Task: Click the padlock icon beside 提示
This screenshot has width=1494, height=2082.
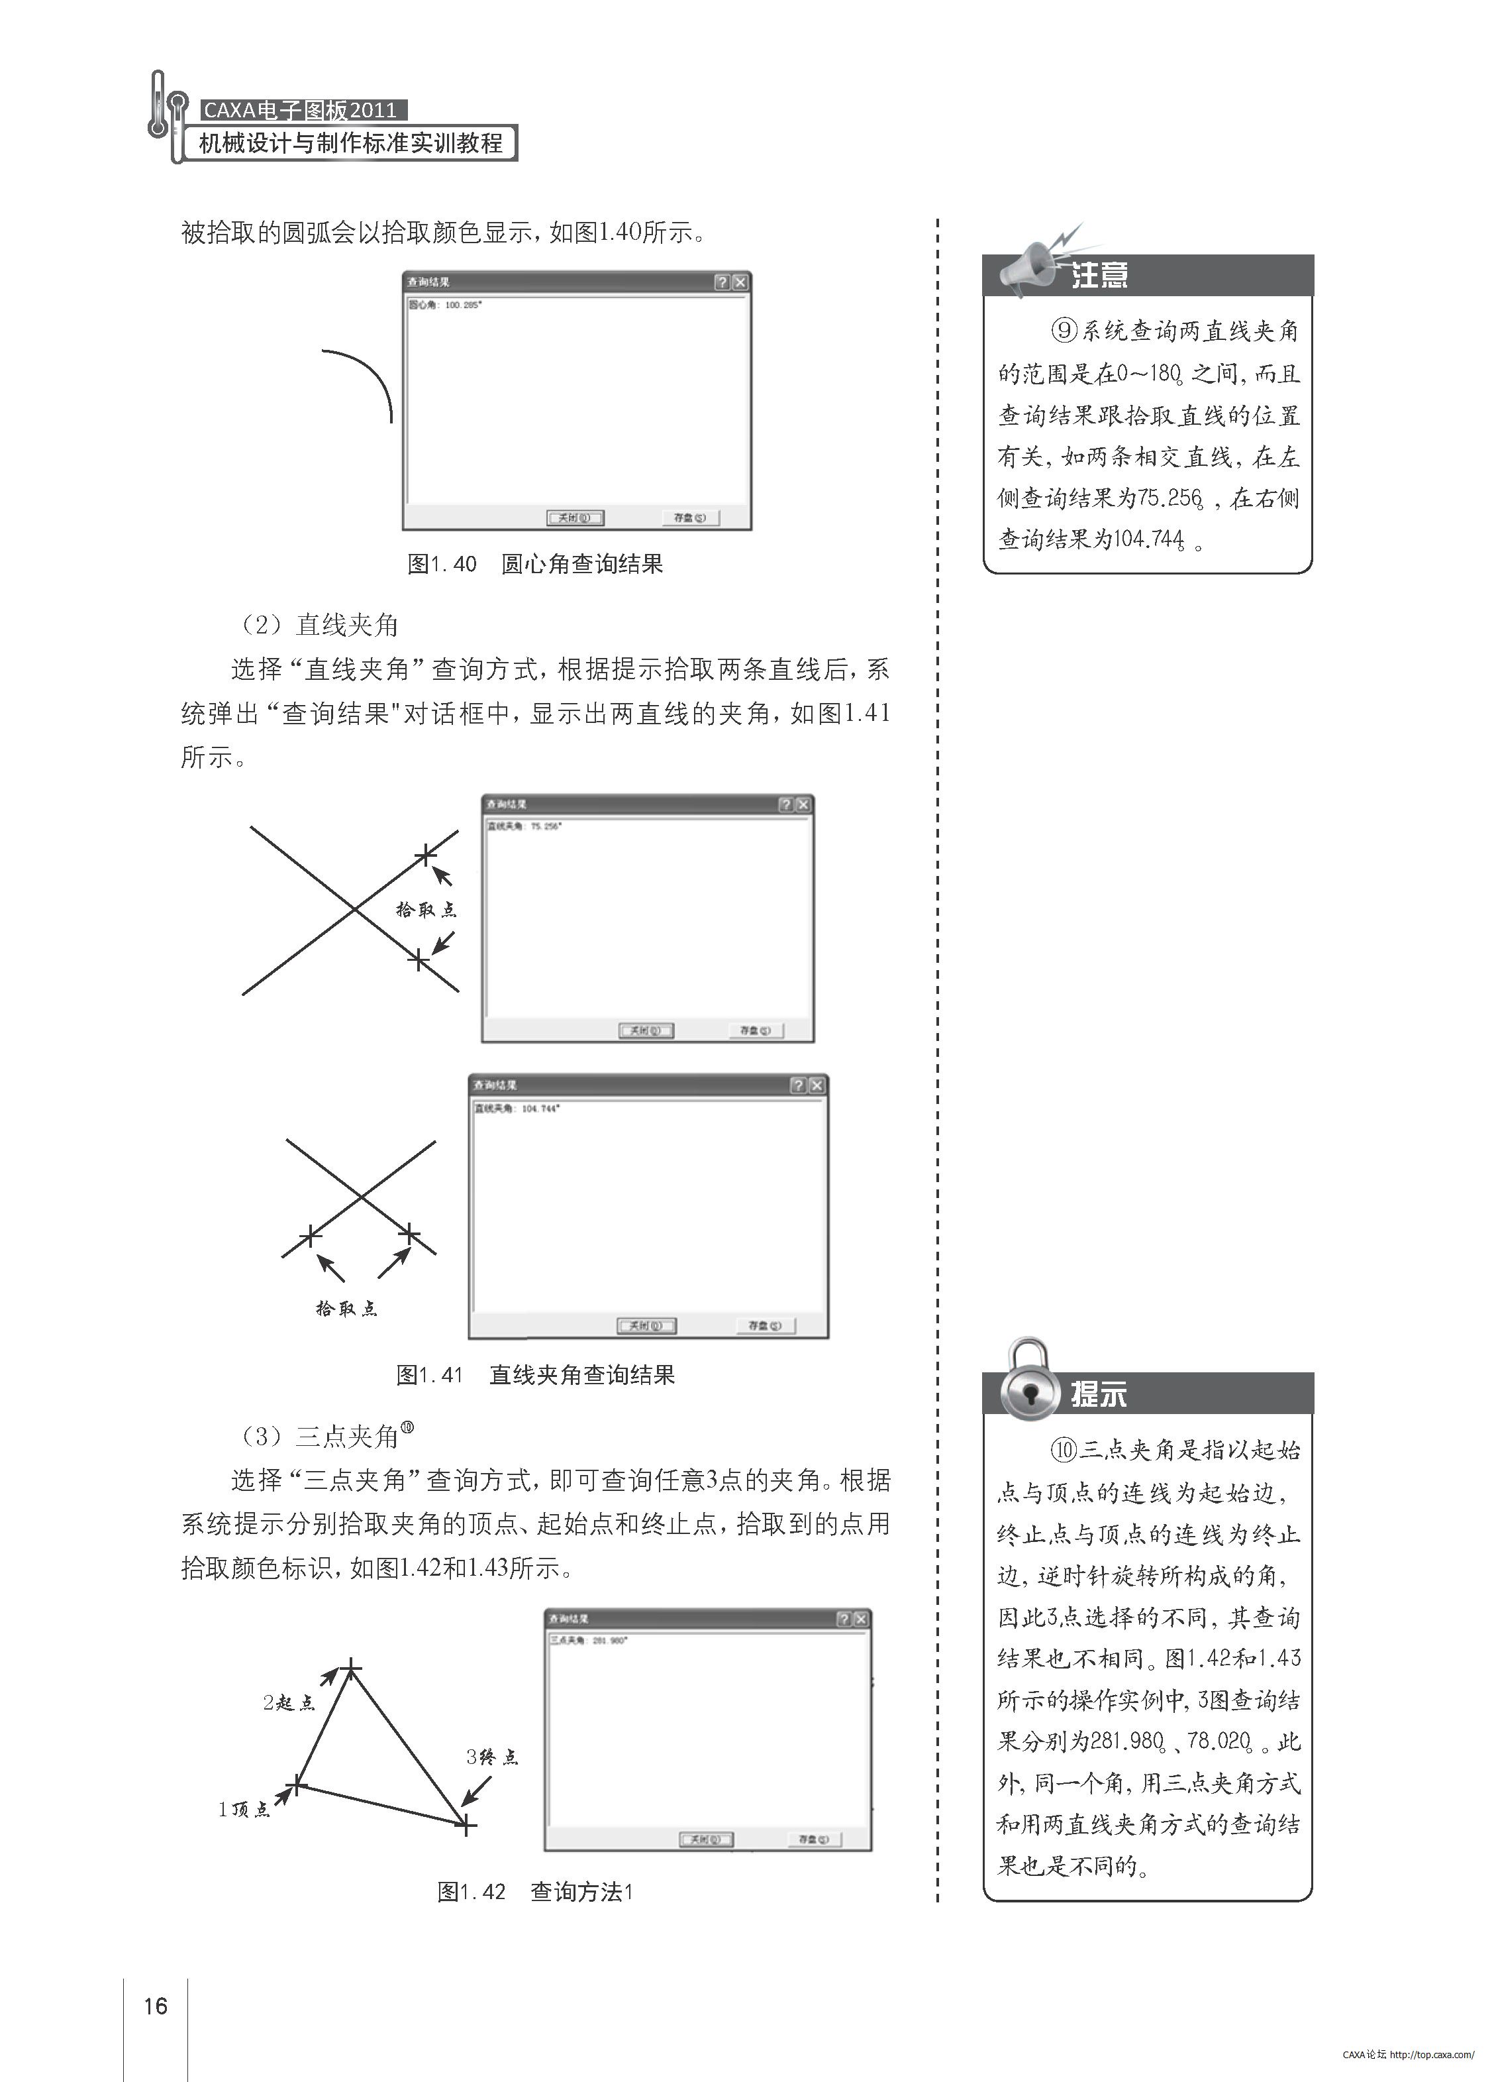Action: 1028,1382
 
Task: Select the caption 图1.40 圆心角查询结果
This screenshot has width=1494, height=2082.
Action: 534,564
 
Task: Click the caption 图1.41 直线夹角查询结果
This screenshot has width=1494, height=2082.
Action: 535,1374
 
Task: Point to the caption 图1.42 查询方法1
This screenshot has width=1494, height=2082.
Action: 535,1891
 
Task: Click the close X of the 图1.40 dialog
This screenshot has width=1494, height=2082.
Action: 740,283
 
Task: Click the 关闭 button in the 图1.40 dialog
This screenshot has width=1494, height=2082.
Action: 574,518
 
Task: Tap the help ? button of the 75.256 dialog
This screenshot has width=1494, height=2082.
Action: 785,804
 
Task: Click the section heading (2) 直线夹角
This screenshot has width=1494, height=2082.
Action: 319,625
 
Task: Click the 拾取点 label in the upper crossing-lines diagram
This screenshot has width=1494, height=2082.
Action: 426,910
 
